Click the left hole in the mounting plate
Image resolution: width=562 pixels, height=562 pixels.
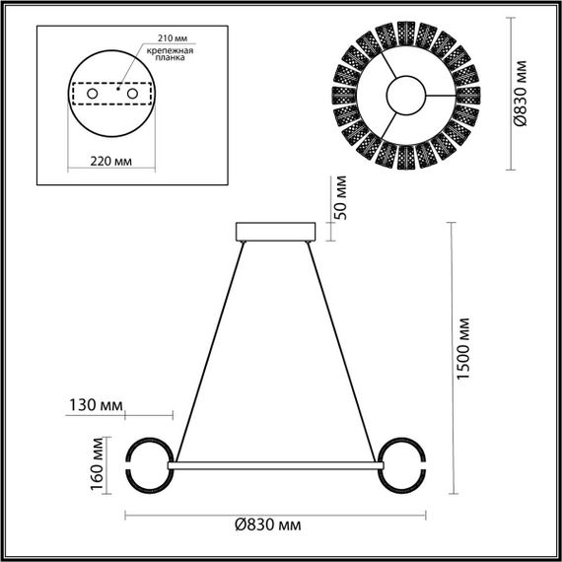[x=94, y=93]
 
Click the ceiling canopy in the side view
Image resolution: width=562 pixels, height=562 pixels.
[x=275, y=233]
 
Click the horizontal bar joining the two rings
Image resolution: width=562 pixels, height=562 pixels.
[x=275, y=460]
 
